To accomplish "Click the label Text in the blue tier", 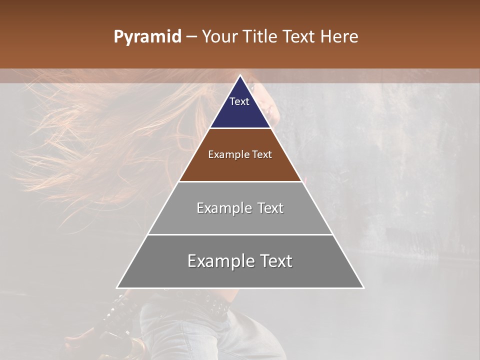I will [x=239, y=101].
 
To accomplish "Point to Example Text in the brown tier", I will [x=240, y=154].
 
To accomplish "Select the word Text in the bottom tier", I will [x=275, y=261].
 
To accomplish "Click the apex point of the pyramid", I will [x=240, y=75].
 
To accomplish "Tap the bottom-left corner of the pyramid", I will [x=117, y=287].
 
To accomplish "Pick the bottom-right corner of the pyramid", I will [x=363, y=287].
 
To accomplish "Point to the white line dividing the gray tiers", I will [x=240, y=234].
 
